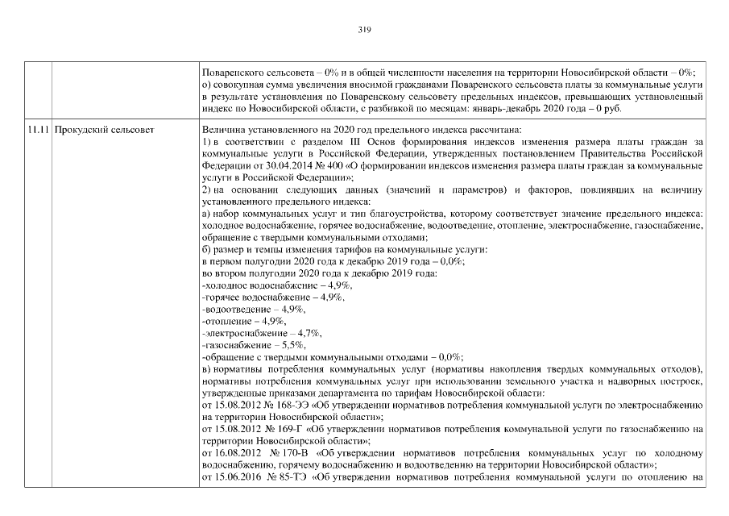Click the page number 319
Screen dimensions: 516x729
click(363, 29)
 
